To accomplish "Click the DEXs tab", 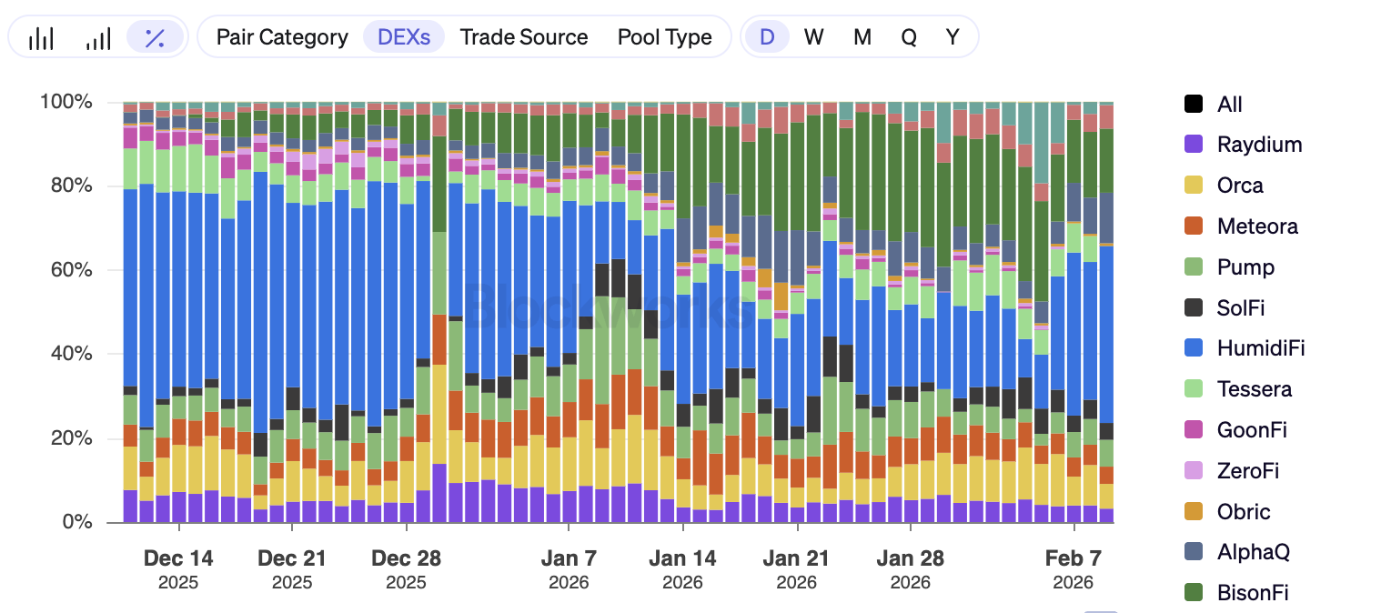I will point(404,37).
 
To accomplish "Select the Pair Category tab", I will point(282,37).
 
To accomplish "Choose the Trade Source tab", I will point(523,37).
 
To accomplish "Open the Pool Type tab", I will point(664,37).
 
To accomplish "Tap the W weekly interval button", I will point(813,37).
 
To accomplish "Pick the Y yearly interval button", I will point(952,37).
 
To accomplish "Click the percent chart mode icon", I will point(155,37).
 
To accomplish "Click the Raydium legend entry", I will point(1259,145).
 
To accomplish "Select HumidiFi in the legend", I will point(1261,348).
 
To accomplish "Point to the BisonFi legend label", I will point(1253,593).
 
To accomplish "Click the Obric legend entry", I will point(1243,512).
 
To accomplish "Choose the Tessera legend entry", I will point(1254,389).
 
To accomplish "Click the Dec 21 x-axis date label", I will point(292,558).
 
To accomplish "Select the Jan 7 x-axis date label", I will point(569,558).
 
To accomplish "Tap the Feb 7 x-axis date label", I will point(1074,558).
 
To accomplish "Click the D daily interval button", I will point(767,37).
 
